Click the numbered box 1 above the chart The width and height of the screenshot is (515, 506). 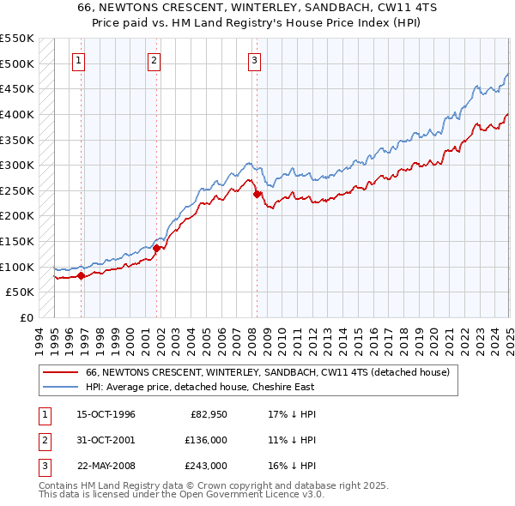[x=78, y=60]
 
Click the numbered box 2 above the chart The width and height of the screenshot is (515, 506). [x=153, y=60]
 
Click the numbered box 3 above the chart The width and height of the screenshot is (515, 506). [x=255, y=60]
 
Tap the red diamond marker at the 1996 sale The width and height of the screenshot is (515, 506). [x=82, y=275]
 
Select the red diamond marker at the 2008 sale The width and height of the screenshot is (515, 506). [x=257, y=195]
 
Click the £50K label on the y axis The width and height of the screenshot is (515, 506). [x=21, y=292]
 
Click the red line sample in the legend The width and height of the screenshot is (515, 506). [x=60, y=373]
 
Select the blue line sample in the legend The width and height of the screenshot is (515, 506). [x=60, y=388]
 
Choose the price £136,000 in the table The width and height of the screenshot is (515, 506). [x=206, y=440]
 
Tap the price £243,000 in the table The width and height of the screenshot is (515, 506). [x=206, y=466]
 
